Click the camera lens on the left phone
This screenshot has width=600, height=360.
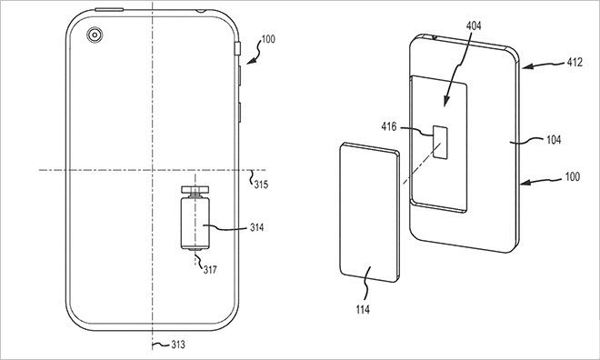[93, 35]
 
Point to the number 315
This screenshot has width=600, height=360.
[261, 185]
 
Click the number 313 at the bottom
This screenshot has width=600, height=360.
[166, 344]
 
